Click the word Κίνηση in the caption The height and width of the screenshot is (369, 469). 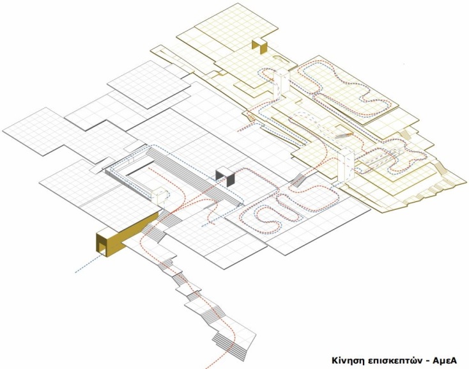348,359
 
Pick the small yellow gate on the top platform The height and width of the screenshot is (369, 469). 259,46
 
